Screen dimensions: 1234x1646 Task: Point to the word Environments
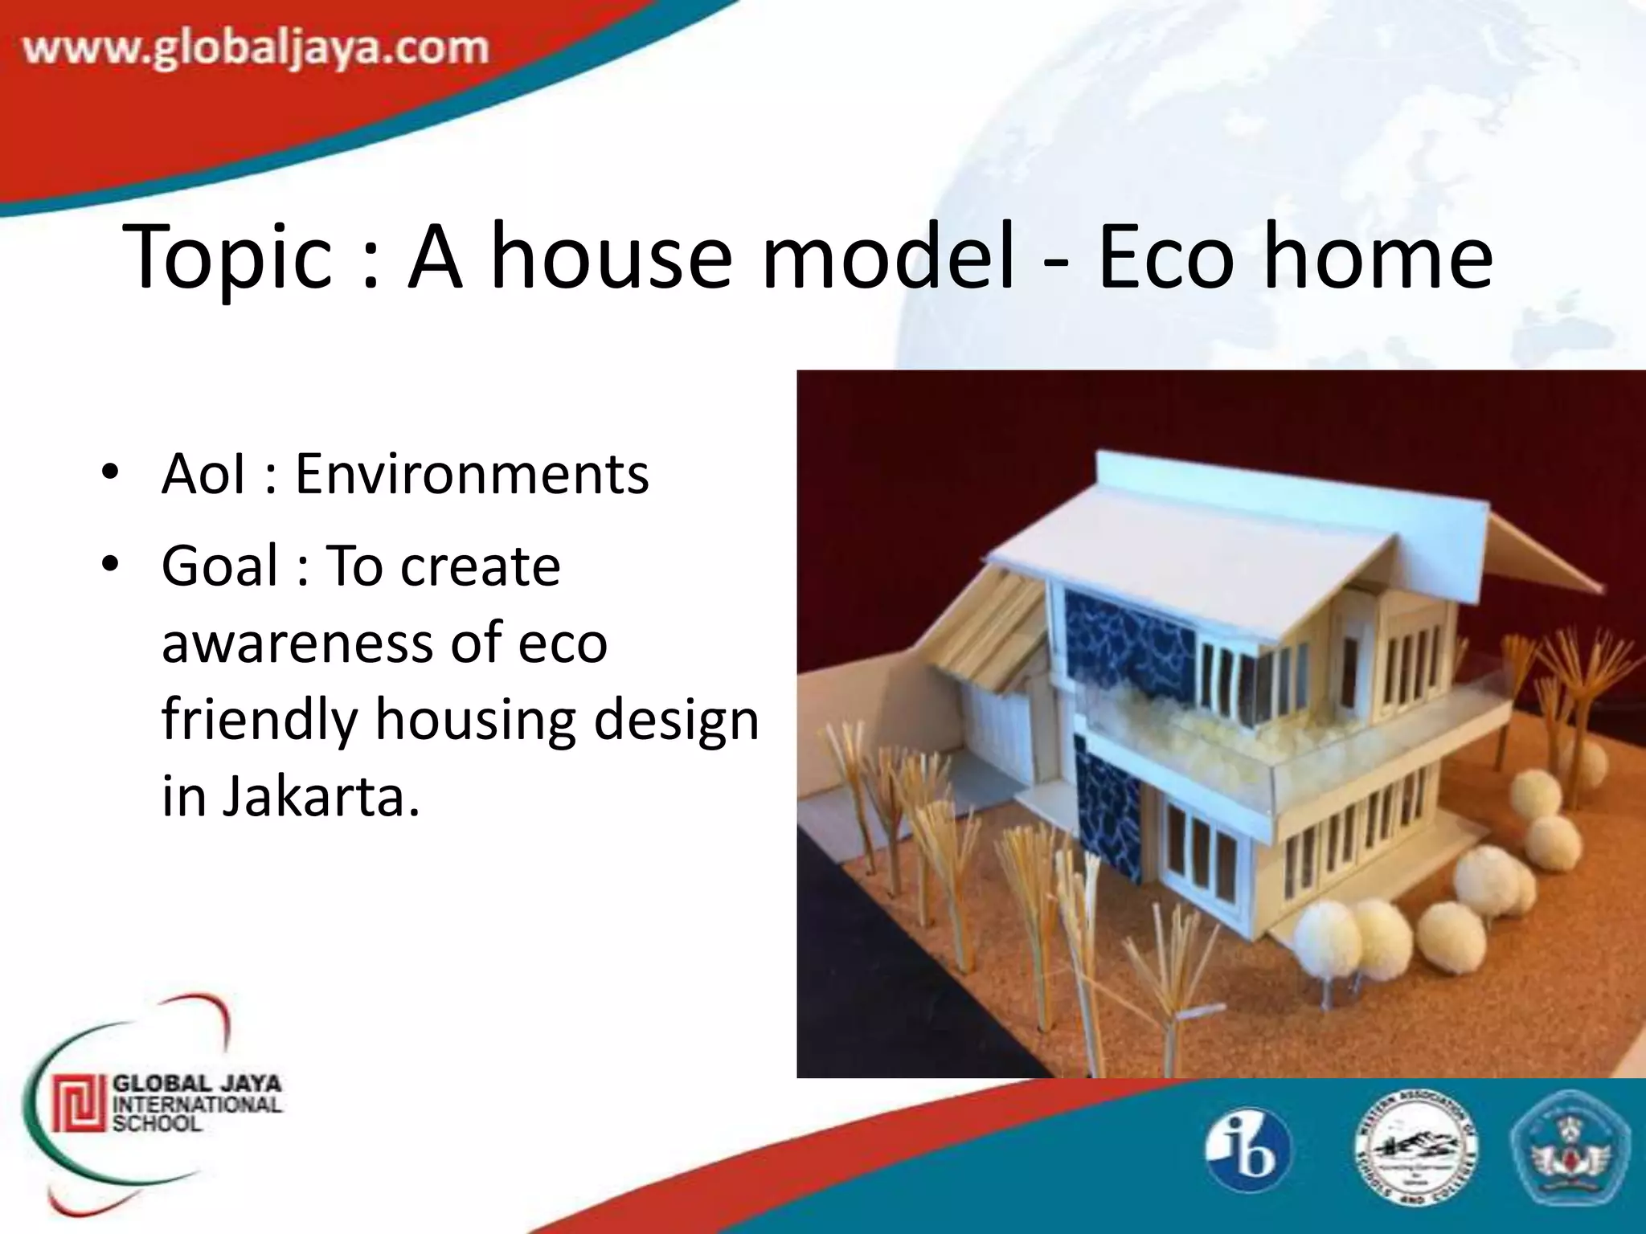(x=472, y=474)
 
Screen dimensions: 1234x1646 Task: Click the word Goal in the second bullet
(x=219, y=566)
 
